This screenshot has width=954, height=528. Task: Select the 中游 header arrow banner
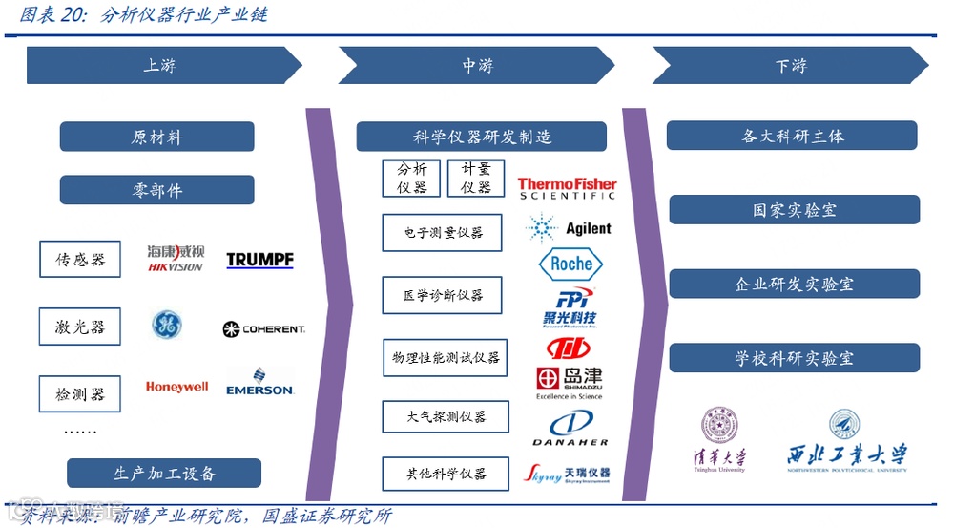tap(477, 66)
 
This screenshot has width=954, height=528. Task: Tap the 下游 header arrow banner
tap(790, 66)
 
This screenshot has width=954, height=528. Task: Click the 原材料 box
tap(156, 137)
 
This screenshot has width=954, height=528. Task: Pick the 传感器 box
tap(80, 260)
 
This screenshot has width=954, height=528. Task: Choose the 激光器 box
tap(80, 327)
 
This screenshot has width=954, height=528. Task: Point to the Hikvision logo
tap(176, 259)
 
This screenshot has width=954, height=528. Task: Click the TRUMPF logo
tap(259, 260)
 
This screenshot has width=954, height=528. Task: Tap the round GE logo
tap(167, 326)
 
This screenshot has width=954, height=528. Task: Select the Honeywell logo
tap(176, 387)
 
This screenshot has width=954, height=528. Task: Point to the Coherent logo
tap(263, 329)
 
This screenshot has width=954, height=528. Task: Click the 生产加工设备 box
tap(164, 473)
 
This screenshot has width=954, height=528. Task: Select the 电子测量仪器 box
tap(442, 233)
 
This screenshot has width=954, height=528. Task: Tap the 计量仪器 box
tap(476, 178)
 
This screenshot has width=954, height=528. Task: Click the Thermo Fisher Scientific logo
tap(568, 188)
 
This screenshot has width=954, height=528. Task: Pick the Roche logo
tap(570, 264)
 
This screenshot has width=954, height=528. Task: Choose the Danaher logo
tap(570, 429)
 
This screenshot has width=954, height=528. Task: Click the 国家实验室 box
tap(794, 209)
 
